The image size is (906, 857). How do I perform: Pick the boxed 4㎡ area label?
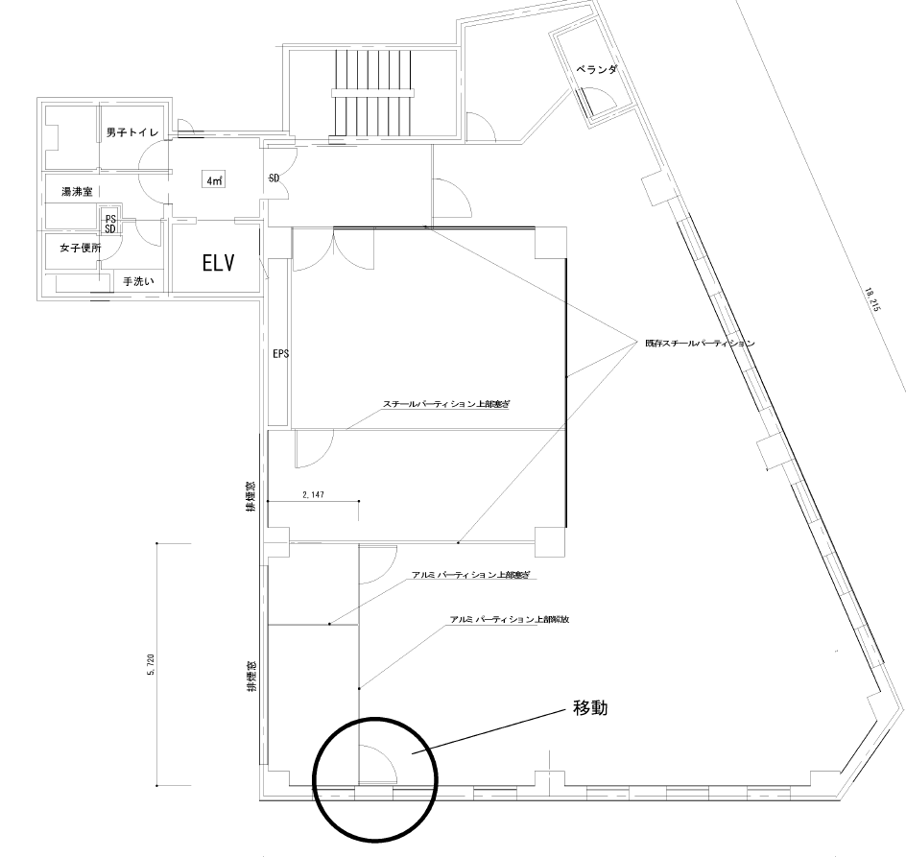(x=212, y=180)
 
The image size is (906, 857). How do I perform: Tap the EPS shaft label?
(x=280, y=353)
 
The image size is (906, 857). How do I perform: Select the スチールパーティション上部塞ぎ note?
(x=444, y=405)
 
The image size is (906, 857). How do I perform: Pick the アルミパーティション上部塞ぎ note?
(x=470, y=575)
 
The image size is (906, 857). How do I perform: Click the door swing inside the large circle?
(x=377, y=764)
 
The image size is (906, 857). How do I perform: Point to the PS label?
(x=110, y=218)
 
